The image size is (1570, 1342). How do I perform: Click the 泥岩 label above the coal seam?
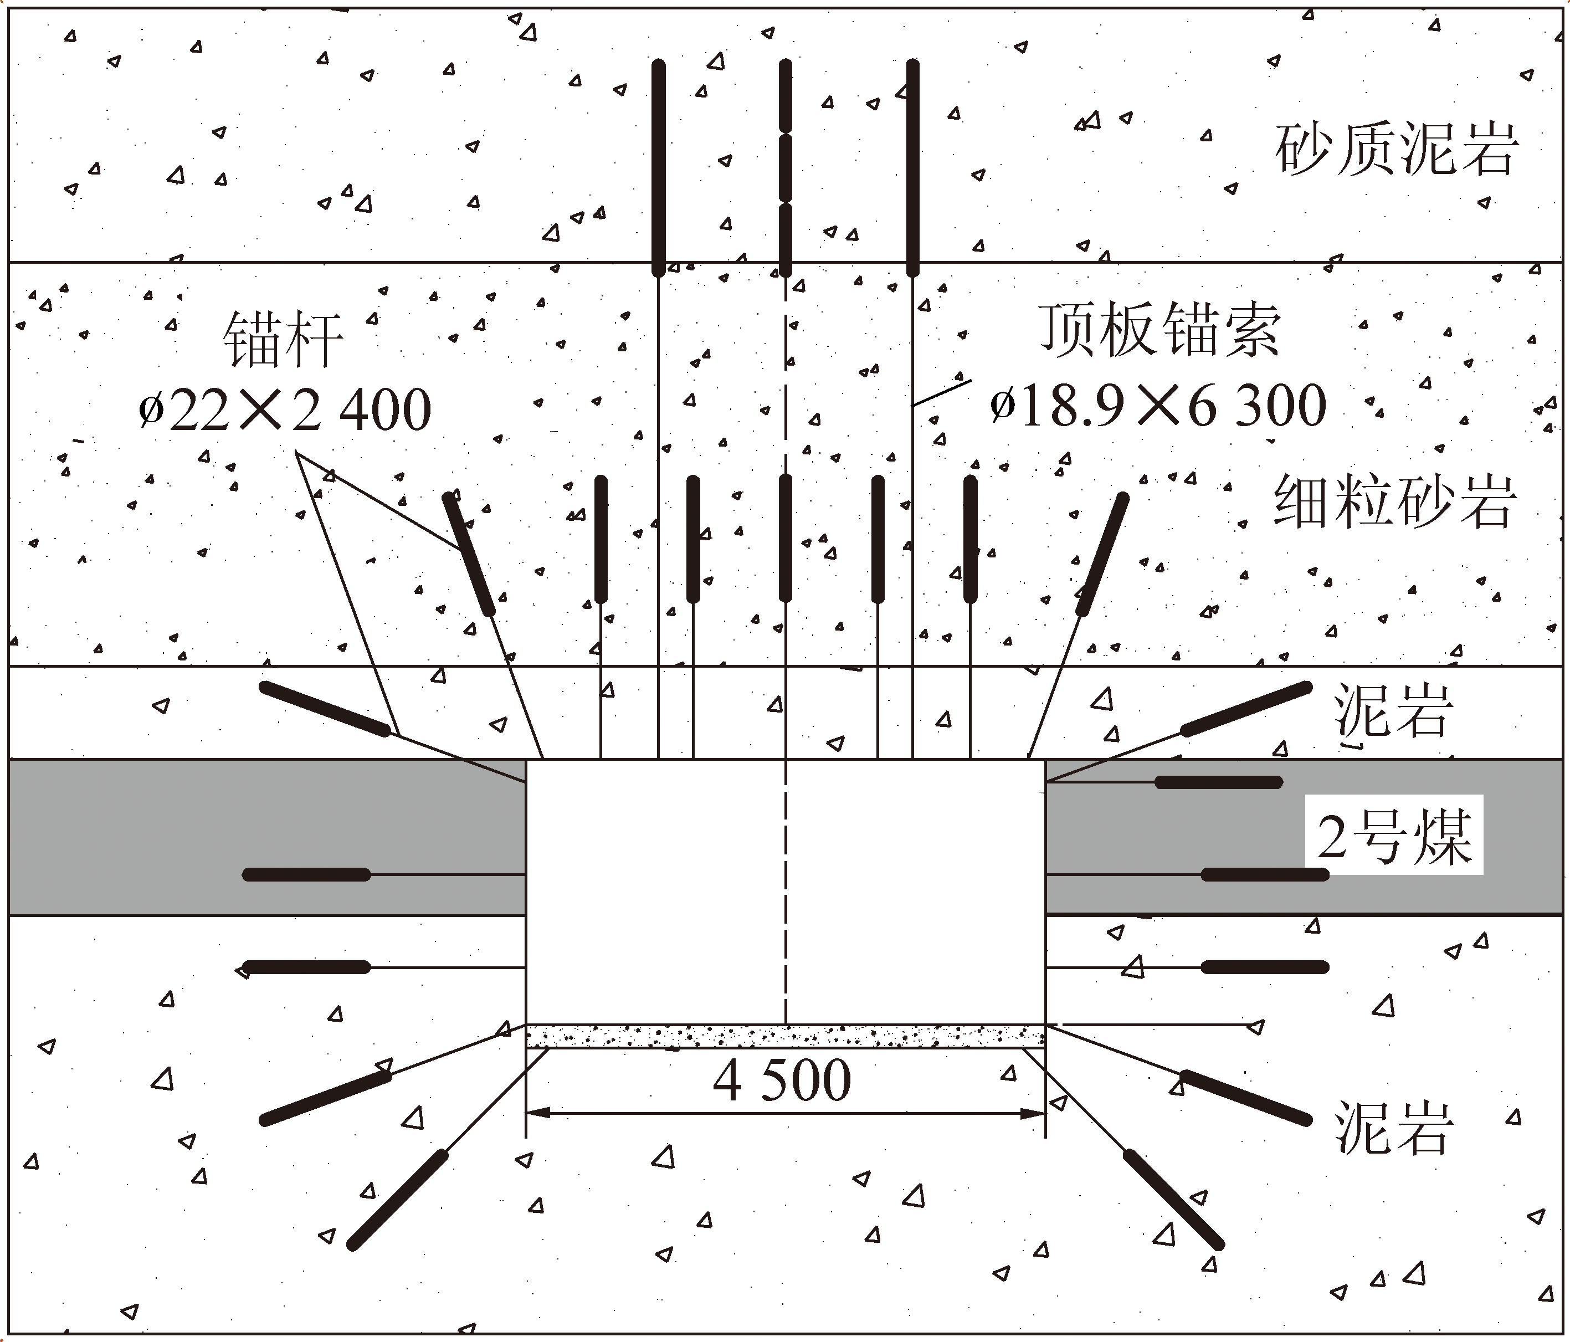coord(1393,711)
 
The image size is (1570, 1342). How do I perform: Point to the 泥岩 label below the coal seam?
coord(1393,1128)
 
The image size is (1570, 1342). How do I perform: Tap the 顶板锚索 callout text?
coord(1159,330)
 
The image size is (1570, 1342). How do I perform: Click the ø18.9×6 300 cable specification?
coord(1158,406)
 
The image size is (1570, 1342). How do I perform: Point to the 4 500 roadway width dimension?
coord(782,1080)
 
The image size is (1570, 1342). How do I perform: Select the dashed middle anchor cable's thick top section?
coord(786,167)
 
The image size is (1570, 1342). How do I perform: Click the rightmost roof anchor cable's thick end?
coord(913,167)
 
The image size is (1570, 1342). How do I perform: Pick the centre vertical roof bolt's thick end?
coord(786,538)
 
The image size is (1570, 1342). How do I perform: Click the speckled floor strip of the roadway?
coord(785,1036)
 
